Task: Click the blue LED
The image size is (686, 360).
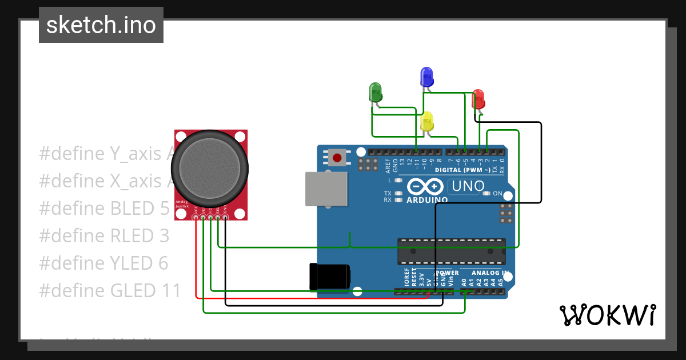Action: [x=426, y=76]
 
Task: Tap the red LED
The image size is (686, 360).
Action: [x=478, y=98]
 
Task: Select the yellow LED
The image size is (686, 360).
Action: [x=426, y=121]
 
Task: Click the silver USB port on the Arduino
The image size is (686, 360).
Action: [x=326, y=189]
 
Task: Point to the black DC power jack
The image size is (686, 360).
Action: [x=329, y=277]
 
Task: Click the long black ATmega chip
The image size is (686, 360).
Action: [x=451, y=251]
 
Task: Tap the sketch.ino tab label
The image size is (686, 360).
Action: [x=101, y=25]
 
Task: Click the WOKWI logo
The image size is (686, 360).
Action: [x=607, y=315]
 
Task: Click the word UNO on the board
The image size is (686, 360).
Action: [x=468, y=186]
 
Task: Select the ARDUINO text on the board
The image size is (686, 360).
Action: [x=427, y=200]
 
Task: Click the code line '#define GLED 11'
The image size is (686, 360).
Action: [x=110, y=291]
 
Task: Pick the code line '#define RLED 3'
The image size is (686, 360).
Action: [x=104, y=236]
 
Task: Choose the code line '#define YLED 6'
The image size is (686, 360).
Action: [x=103, y=263]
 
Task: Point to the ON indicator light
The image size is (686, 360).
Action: [x=486, y=194]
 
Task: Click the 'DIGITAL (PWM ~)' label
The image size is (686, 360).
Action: [x=462, y=170]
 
